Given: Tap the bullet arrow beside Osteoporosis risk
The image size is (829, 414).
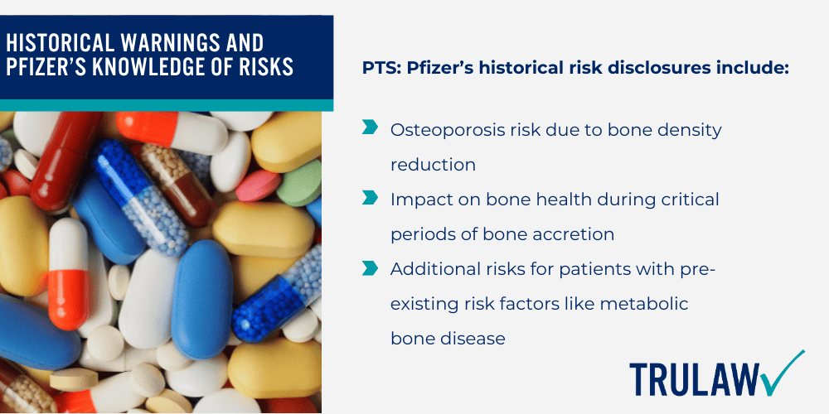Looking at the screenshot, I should click(x=369, y=128).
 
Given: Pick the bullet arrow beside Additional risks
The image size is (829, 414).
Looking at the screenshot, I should click(x=369, y=268).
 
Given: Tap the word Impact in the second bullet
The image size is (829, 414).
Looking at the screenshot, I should click(x=419, y=200).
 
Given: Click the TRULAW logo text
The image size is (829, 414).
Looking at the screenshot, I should click(x=693, y=379).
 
